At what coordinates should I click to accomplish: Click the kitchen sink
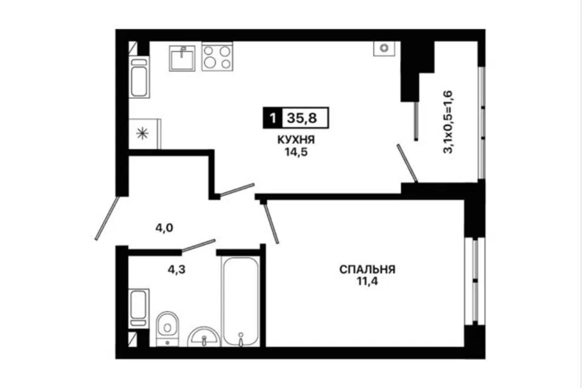tap(182, 58)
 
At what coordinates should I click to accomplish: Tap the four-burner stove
tap(217, 57)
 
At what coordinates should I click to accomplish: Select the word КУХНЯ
tap(297, 141)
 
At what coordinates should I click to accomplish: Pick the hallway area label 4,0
tap(163, 228)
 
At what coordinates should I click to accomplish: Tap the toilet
tap(165, 327)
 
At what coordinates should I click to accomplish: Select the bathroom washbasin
tap(204, 335)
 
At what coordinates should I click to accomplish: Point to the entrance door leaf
tap(109, 217)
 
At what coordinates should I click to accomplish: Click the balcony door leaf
tap(407, 162)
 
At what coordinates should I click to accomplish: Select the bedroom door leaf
tap(271, 222)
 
